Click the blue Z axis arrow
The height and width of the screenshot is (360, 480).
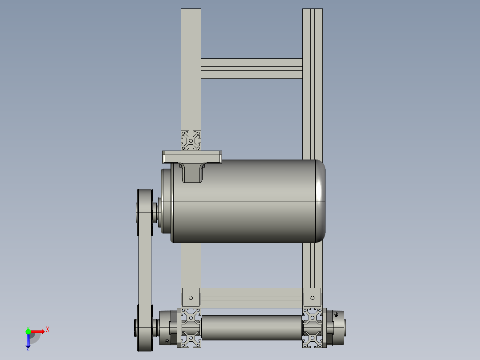click(x=28, y=341)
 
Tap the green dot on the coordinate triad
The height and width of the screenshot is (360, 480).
click(x=28, y=331)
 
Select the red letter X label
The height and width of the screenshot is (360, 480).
click(x=48, y=330)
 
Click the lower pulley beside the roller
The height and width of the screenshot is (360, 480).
click(x=144, y=328)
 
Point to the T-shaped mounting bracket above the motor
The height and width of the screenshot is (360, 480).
click(x=192, y=160)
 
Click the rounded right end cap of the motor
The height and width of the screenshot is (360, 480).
click(x=320, y=201)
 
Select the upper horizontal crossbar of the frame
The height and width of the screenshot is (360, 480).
click(x=252, y=69)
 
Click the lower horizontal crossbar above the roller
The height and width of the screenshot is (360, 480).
click(x=252, y=297)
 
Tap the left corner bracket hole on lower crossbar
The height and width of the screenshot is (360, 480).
click(x=191, y=297)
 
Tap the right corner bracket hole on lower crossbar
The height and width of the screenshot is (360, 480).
click(x=312, y=297)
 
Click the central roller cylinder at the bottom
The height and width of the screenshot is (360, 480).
click(x=252, y=327)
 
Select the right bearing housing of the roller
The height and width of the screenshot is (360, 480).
click(x=336, y=328)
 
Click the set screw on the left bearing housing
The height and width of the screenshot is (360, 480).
click(x=167, y=341)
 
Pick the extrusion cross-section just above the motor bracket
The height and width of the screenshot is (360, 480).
click(x=191, y=140)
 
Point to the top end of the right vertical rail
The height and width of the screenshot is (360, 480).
click(x=313, y=11)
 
